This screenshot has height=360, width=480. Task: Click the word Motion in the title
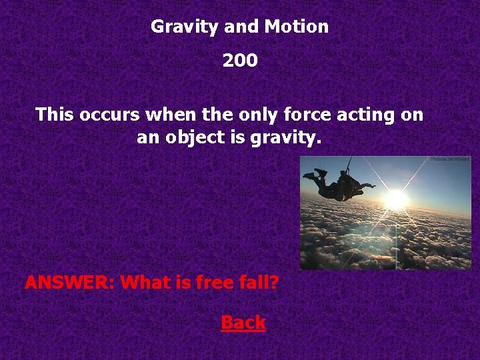click(296, 27)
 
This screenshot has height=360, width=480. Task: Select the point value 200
click(240, 61)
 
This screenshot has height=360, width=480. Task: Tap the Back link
click(243, 323)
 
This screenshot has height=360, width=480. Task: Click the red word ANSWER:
click(70, 283)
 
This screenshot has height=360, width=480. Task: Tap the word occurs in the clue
click(110, 115)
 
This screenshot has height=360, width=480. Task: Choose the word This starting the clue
click(55, 115)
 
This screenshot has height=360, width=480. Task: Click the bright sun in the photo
click(396, 199)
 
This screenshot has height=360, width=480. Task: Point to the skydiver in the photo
click(337, 185)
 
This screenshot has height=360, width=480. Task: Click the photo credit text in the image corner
click(450, 159)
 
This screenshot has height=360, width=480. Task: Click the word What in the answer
click(146, 283)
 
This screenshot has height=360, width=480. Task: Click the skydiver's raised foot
click(320, 173)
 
